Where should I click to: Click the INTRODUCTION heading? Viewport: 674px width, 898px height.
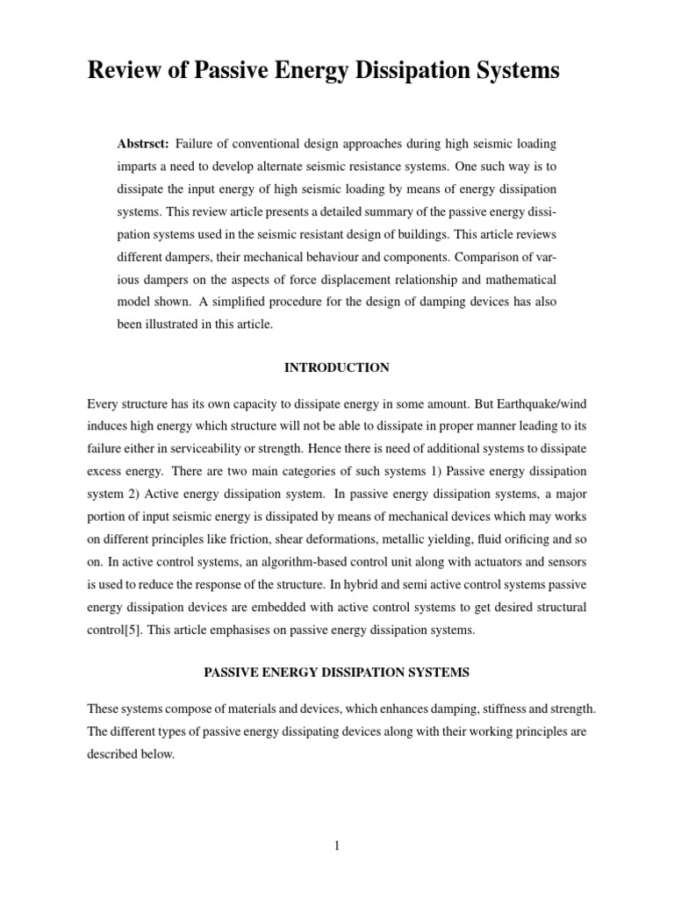coord(336,367)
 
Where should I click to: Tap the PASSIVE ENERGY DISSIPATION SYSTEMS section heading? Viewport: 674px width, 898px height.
coord(337,673)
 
